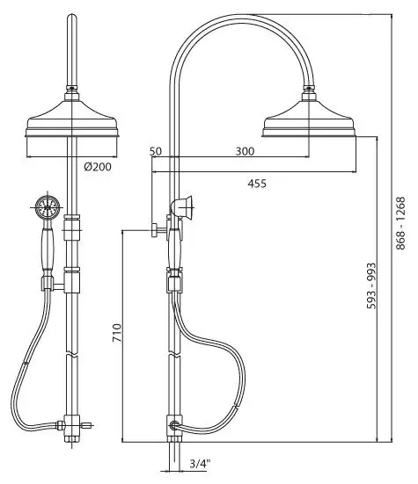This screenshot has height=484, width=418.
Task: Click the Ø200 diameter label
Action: (98, 167)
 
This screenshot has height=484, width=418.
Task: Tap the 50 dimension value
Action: (156, 151)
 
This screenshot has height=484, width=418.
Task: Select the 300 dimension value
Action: (245, 151)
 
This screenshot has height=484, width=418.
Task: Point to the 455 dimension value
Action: (257, 184)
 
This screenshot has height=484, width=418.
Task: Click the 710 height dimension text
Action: (117, 332)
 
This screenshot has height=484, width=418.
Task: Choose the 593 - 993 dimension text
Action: (371, 285)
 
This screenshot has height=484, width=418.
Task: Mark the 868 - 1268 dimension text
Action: (400, 223)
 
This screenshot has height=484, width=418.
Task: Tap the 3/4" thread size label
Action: (200, 464)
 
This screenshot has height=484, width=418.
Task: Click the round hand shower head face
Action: (47, 207)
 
